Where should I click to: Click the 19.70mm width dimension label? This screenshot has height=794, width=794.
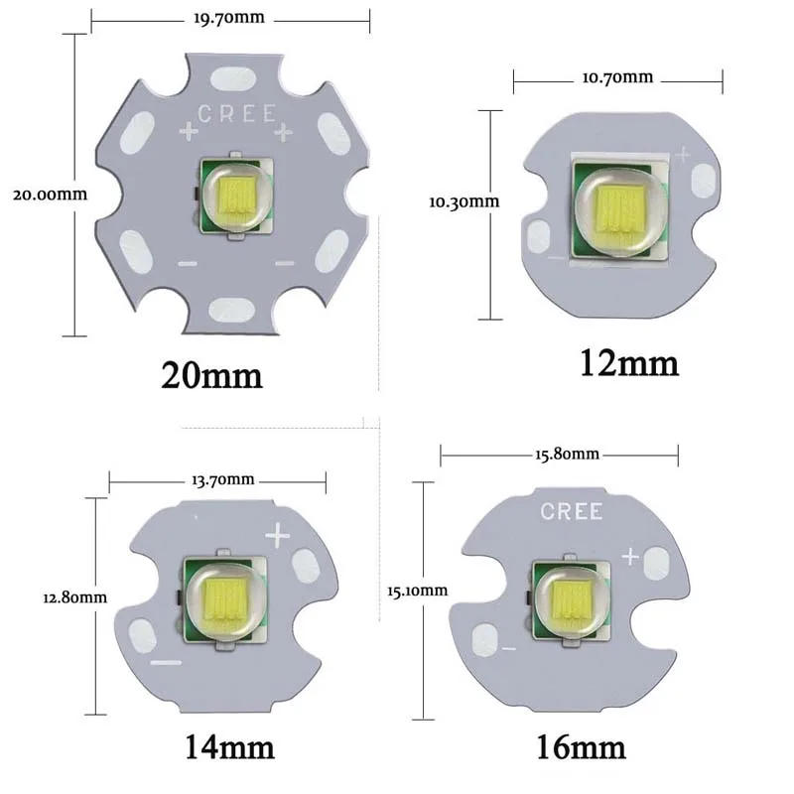point(229,18)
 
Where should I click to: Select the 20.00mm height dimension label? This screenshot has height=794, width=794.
point(51,195)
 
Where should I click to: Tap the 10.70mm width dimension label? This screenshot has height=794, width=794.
point(617,77)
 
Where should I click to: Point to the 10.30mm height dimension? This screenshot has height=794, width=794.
point(464,201)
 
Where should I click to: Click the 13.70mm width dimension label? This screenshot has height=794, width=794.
point(222,479)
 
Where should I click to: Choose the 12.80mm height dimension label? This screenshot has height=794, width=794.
point(75,597)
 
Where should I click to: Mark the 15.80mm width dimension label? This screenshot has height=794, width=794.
point(567,454)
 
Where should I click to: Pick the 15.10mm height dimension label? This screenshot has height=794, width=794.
point(417,591)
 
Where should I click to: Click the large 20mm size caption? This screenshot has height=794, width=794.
point(211,375)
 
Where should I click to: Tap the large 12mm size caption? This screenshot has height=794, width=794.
point(629,363)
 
